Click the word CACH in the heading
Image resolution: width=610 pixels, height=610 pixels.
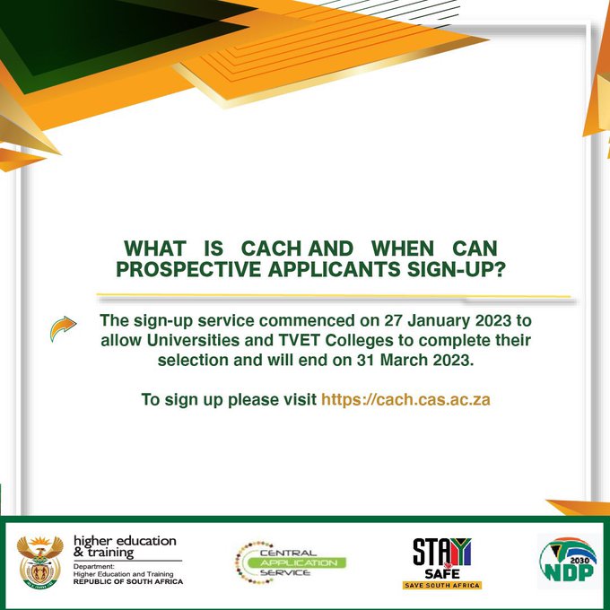click(x=275, y=248)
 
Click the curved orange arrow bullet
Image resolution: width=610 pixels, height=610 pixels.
click(x=62, y=329)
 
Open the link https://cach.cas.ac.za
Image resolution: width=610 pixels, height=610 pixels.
click(x=405, y=399)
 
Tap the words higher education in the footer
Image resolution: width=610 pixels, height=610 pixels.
click(x=125, y=541)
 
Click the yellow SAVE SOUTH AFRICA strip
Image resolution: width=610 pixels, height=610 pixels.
click(x=441, y=585)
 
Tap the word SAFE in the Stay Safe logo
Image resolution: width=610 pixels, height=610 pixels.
click(x=440, y=571)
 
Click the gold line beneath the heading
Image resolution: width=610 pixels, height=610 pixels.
click(x=332, y=296)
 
